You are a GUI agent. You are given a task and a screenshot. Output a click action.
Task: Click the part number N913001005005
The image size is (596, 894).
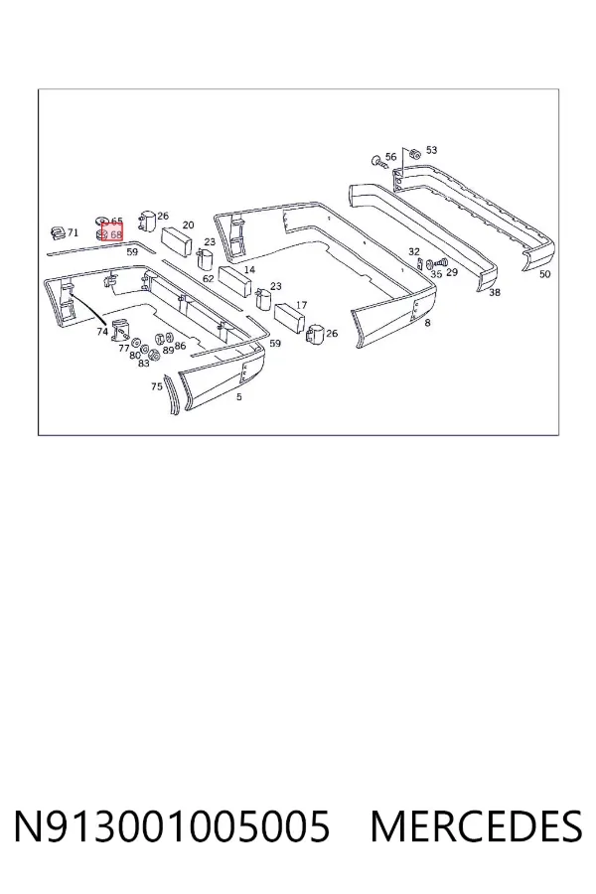171,825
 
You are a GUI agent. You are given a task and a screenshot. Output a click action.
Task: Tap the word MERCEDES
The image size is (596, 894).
476,825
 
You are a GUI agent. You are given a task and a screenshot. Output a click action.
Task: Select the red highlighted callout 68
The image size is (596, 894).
112,233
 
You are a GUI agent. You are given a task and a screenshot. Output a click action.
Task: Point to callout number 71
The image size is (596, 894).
73,232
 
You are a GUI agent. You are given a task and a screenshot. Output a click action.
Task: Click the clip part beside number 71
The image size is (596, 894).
58,232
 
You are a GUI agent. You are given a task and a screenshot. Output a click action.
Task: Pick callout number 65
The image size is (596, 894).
117,222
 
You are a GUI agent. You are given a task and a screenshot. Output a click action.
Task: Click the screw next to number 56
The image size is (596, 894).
378,162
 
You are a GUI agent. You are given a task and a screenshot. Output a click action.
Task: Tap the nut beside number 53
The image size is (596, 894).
414,153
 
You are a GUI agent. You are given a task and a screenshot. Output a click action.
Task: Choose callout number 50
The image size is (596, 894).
545,274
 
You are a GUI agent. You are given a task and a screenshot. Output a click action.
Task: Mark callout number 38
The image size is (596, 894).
495,292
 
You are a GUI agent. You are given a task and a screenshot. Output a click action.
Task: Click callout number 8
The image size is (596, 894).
428,323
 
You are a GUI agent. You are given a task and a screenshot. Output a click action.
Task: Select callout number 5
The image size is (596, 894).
239,396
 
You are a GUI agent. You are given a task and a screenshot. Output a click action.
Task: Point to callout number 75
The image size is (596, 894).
157,386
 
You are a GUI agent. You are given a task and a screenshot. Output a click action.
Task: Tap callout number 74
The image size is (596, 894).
102,331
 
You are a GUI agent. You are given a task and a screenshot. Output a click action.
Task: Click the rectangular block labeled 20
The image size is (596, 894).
178,241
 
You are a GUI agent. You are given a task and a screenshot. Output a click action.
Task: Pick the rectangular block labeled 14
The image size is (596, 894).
235,280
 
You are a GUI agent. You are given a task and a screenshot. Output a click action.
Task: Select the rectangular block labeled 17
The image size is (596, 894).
291,319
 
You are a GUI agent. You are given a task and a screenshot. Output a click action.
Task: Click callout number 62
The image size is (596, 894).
209,279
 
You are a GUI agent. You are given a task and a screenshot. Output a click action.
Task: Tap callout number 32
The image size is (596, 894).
414,251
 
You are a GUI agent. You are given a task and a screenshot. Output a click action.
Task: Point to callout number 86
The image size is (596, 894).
180,346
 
